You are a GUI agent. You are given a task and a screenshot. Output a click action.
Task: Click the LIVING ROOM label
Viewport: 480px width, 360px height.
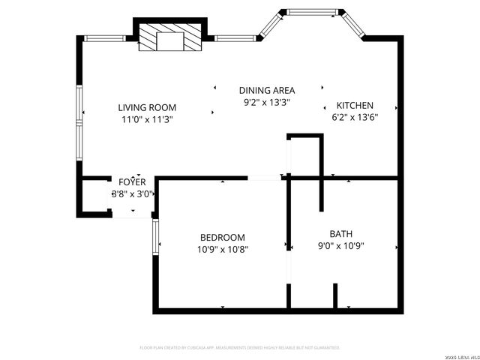tap(147, 106)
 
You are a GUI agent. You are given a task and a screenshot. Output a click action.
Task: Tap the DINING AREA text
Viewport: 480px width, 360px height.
tap(267, 90)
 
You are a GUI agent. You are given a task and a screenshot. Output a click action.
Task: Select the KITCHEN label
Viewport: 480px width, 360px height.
tap(355, 106)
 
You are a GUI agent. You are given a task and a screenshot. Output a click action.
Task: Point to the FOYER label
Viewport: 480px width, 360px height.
tap(132, 181)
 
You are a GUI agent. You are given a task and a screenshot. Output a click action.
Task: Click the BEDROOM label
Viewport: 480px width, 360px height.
tap(223, 237)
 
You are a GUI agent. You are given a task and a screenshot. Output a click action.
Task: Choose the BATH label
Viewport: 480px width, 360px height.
tap(341, 233)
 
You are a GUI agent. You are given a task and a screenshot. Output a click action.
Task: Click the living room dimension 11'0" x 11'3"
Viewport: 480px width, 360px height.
tap(147, 118)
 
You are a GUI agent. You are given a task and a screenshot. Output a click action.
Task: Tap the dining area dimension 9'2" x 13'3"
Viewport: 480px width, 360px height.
tap(267, 102)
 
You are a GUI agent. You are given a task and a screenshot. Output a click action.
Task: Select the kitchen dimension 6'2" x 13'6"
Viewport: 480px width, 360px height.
tap(355, 117)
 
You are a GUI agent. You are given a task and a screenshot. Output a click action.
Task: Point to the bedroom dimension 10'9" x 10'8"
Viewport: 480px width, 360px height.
tap(223, 249)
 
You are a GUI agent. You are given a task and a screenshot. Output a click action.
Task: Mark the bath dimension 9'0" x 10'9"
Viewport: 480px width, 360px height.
tap(341, 245)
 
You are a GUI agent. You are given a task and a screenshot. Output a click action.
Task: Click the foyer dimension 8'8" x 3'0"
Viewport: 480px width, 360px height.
tap(133, 193)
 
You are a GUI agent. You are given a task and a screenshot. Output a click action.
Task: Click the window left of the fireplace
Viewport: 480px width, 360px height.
tap(108, 38)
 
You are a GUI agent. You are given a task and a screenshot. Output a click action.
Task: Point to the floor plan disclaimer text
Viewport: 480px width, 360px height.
tap(240, 348)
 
